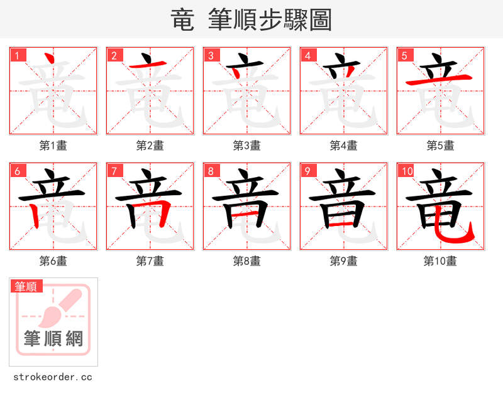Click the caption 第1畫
click(x=53, y=146)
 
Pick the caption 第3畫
click(x=247, y=146)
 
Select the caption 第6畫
click(x=53, y=261)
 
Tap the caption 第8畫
click(x=247, y=261)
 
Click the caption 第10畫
click(x=440, y=261)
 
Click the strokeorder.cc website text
click(x=53, y=377)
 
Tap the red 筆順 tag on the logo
click(x=27, y=286)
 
